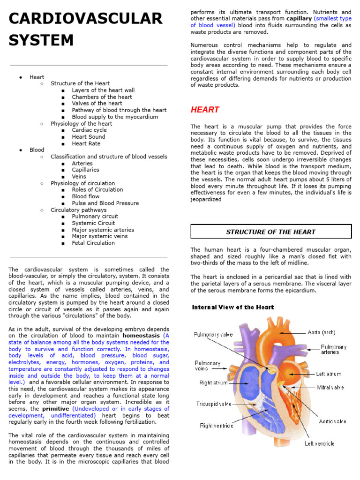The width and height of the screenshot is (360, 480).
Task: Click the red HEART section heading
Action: pyautogui.click(x=205, y=110)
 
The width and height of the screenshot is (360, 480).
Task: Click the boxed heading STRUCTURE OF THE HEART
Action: pyautogui.click(x=271, y=232)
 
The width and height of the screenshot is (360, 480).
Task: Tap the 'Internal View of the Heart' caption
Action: pyautogui.click(x=233, y=307)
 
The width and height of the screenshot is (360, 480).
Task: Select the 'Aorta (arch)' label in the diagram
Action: pyautogui.click(x=322, y=332)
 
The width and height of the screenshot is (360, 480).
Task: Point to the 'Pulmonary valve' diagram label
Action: pyautogui.click(x=213, y=335)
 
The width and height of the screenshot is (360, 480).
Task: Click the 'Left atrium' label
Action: pyautogui.click(x=329, y=374)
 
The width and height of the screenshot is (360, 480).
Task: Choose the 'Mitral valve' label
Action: pyautogui.click(x=330, y=388)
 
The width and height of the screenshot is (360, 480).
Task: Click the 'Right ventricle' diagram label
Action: pyautogui.click(x=216, y=426)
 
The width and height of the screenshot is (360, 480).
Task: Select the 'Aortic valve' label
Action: pyautogui.click(x=332, y=421)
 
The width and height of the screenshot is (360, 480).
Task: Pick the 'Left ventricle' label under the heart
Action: pyautogui.click(x=320, y=443)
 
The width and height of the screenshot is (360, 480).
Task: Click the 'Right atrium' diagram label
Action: pyautogui.click(x=213, y=383)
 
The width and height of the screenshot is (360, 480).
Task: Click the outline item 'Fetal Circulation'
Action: pyautogui.click(x=93, y=243)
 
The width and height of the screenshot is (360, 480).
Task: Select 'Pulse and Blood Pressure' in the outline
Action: pyautogui.click(x=105, y=203)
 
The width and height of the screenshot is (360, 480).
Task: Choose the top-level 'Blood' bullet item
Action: pyautogui.click(x=37, y=150)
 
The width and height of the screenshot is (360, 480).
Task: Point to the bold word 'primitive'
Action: pyautogui.click(x=55, y=409)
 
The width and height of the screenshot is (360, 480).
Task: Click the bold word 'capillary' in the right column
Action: pyautogui.click(x=299, y=18)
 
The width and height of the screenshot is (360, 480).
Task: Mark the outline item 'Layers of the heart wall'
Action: pyautogui.click(x=103, y=90)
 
